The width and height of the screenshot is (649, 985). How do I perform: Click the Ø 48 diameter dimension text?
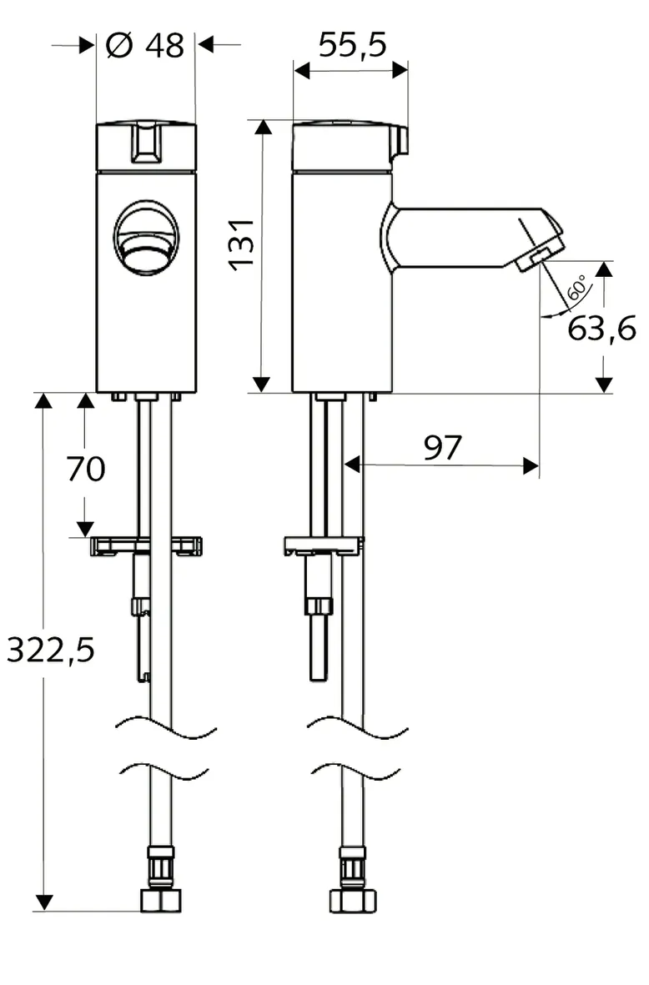coord(145,45)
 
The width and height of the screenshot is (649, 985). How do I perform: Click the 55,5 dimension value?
coord(352,45)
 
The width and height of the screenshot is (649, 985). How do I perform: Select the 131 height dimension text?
coord(241,244)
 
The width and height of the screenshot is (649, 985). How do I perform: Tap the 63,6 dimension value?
coord(601,329)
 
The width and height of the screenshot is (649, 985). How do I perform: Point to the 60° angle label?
coord(576,289)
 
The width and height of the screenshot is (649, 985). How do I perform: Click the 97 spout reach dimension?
coord(441,449)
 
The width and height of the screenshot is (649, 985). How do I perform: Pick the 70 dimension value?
coord(86,470)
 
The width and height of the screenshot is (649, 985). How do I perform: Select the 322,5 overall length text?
coord(50,650)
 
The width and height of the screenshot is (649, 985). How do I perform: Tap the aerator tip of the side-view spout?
coord(539,257)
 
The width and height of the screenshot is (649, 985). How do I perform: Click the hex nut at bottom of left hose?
coord(160,901)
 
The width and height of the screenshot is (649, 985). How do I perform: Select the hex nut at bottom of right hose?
coord(352,901)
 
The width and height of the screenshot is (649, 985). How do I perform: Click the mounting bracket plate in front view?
coord(146,545)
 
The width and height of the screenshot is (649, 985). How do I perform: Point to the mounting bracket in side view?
coord(324,545)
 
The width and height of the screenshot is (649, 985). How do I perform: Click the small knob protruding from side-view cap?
coord(401,141)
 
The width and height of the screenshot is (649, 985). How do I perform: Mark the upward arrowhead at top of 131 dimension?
coord(262,127)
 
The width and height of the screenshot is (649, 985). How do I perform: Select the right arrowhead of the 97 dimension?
coord(531,465)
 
